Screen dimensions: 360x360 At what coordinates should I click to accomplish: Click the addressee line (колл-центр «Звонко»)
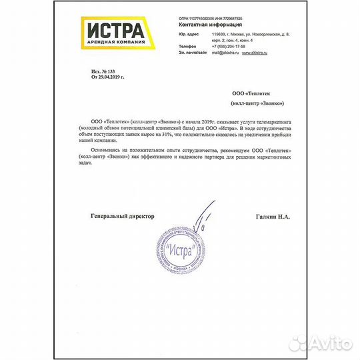click(x=257, y=103)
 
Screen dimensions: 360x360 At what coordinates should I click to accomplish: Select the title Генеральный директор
click(x=122, y=216)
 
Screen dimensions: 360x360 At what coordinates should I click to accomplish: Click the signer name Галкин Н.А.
click(x=273, y=216)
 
